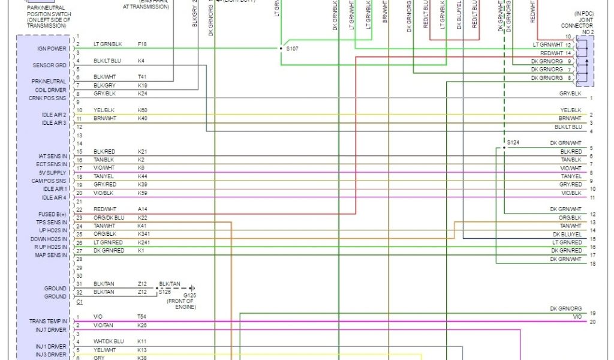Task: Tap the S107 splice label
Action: (293, 49)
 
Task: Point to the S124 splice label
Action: (513, 143)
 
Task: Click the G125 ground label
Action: (190, 295)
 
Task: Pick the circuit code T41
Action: (142, 77)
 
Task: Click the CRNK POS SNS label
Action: (51, 98)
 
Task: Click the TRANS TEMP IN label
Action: (49, 321)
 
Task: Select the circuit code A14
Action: (142, 209)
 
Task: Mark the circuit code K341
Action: (144, 234)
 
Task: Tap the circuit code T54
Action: (142, 317)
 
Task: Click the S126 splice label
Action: (165, 292)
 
